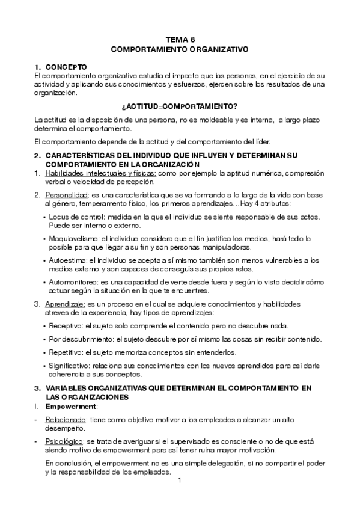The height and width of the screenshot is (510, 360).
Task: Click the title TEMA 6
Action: click(x=180, y=40)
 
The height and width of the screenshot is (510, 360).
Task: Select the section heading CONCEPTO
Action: click(x=67, y=67)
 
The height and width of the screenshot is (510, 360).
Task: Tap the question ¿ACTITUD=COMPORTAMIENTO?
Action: click(x=180, y=105)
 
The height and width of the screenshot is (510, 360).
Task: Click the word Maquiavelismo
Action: click(x=73, y=239)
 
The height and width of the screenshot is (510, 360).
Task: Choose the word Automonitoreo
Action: click(x=73, y=282)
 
